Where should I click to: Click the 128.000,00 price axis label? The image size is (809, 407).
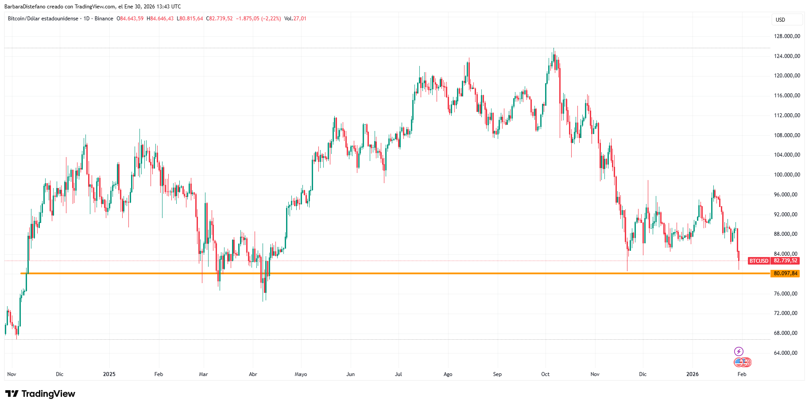[x=787, y=36]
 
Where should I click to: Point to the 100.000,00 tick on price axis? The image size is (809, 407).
[x=787, y=175]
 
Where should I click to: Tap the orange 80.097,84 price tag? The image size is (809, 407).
[x=786, y=273]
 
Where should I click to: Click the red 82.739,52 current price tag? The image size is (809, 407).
[x=786, y=261]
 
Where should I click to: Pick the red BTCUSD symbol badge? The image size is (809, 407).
[x=759, y=261]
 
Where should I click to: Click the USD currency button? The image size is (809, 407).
[x=780, y=20]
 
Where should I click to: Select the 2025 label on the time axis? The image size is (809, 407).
[x=109, y=374]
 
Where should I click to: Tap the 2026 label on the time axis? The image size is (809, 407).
[x=692, y=374]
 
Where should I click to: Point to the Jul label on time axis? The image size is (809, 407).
[x=399, y=374]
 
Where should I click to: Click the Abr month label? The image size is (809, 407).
[x=253, y=374]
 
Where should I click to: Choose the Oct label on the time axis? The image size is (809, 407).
[x=545, y=374]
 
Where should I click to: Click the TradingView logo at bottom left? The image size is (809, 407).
[x=40, y=394]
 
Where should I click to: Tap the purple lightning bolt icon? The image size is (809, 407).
[x=739, y=352]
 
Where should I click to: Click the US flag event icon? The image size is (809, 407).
[x=739, y=362]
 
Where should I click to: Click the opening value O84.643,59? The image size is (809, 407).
[x=130, y=19]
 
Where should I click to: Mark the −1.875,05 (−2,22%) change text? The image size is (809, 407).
[x=258, y=19]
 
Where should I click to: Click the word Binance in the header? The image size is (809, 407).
[x=104, y=19]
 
